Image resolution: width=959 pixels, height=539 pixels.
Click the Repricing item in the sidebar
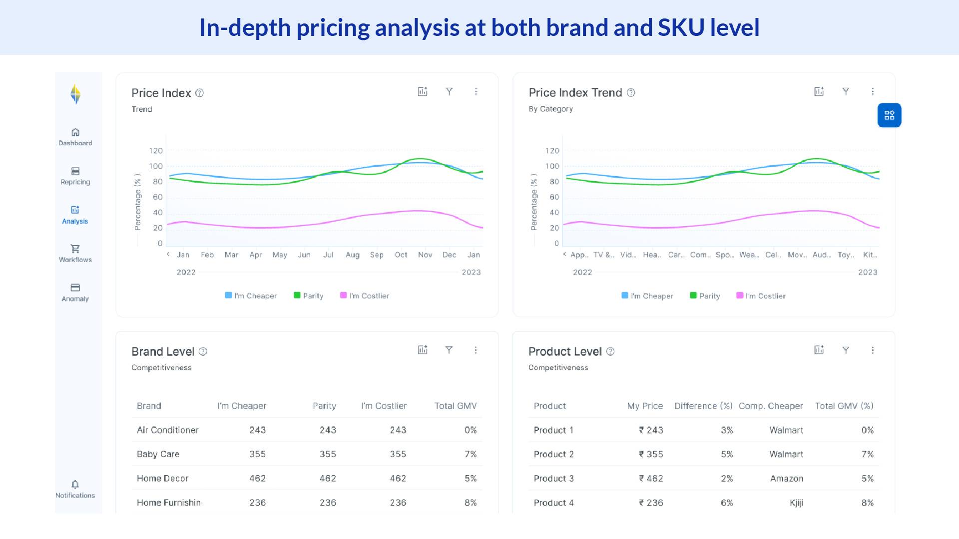tap(75, 176)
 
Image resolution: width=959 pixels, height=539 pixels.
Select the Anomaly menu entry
tap(75, 293)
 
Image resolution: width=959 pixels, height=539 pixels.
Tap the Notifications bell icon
tap(75, 485)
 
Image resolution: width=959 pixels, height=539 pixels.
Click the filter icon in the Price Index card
tap(449, 91)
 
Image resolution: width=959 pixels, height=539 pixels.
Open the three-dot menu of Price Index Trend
tap(873, 91)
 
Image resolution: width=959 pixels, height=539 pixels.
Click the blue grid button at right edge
tap(889, 115)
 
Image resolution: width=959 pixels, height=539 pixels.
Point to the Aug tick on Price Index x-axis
tap(352, 255)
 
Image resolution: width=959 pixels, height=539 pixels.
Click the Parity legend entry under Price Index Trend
tap(705, 296)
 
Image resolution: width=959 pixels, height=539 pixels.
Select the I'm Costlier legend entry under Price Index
tap(365, 295)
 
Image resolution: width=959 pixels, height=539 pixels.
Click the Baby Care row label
tap(158, 454)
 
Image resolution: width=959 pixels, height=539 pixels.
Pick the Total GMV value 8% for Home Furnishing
tap(470, 503)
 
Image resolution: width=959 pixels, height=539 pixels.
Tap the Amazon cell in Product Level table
tap(786, 478)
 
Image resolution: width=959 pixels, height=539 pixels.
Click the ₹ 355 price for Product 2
tap(651, 454)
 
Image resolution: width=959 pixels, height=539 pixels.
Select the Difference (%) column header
tap(703, 406)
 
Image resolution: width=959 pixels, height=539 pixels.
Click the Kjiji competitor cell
tap(796, 503)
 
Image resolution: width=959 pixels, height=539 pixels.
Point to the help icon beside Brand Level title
tap(203, 351)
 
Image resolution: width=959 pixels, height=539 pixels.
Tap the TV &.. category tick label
tap(603, 255)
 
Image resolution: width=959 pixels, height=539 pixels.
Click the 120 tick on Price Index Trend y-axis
tap(552, 151)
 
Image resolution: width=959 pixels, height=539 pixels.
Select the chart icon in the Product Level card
tap(819, 350)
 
